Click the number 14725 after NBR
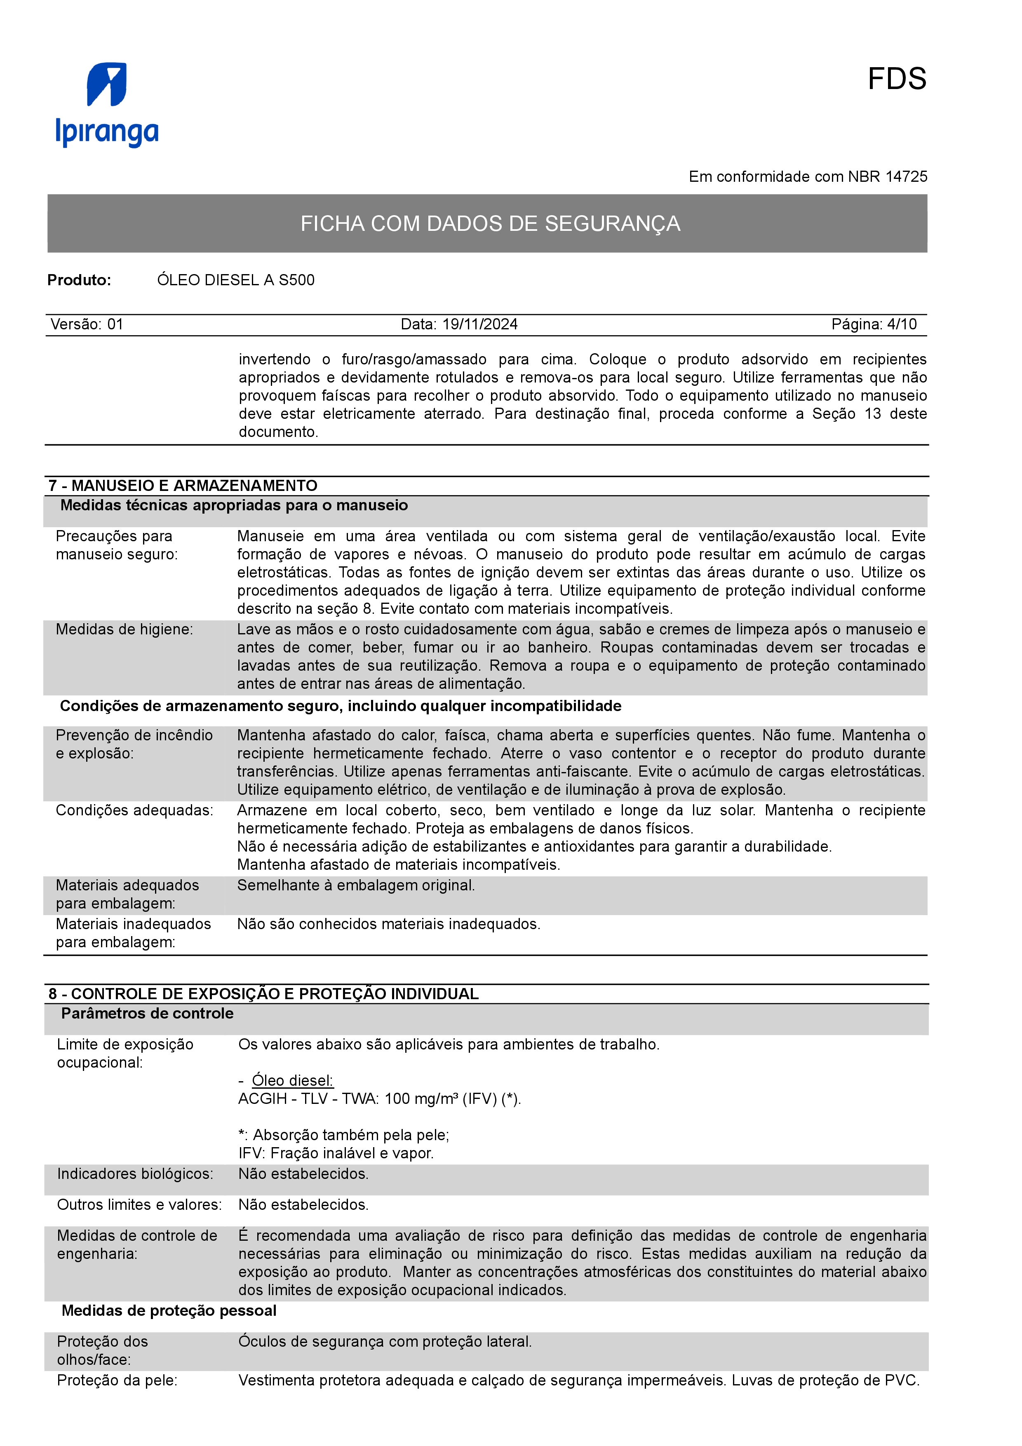906,177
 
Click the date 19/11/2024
480,324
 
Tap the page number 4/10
902,324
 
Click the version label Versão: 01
87,324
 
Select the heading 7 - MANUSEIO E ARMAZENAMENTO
183,486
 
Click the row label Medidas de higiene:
124,629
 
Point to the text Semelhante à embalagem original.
356,885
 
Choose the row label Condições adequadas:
134,810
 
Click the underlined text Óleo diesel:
292,1081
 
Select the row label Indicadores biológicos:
135,1174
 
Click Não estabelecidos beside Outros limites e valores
303,1205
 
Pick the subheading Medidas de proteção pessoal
169,1311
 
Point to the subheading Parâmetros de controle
147,1013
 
